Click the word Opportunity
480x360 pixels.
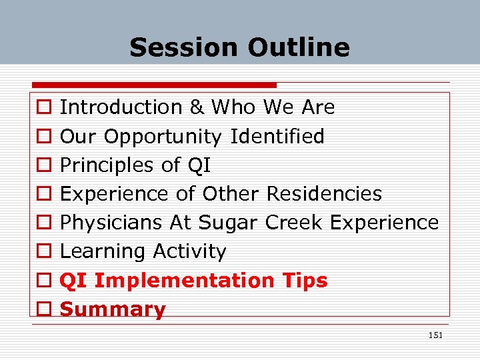point(163,137)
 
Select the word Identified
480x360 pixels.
point(277,137)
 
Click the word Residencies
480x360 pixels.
point(324,194)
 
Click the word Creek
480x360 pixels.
point(291,223)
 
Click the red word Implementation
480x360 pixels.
point(184,281)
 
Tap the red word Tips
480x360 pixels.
point(303,281)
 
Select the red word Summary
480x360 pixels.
point(113,309)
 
